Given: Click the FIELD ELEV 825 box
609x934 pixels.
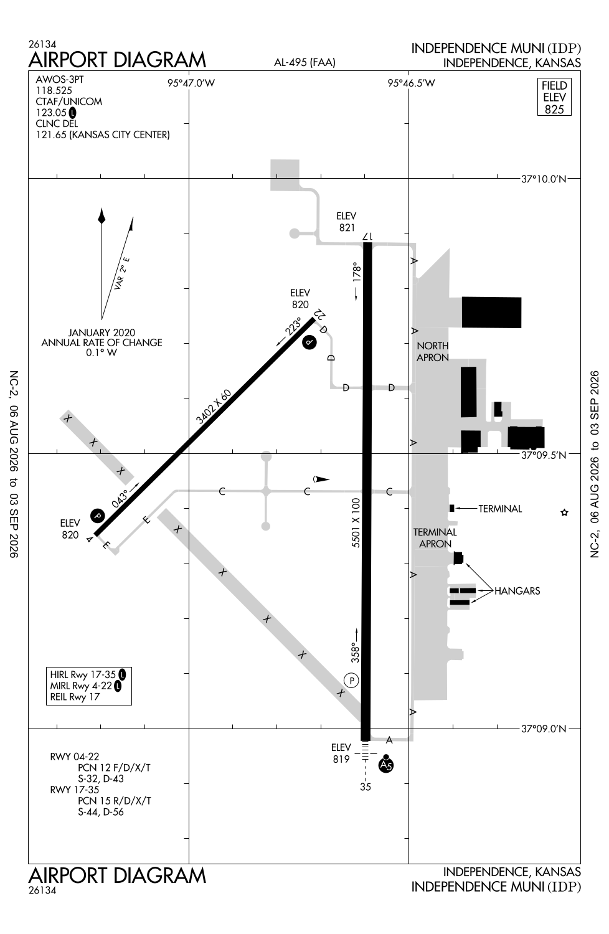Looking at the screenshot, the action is tap(554, 97).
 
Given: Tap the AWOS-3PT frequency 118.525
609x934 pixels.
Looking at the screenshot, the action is tap(54, 90).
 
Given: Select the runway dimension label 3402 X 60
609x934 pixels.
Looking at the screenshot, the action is tap(214, 407).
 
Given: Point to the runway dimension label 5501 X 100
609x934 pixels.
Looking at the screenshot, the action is tap(356, 522).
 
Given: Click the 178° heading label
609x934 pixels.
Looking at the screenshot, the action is tap(357, 272).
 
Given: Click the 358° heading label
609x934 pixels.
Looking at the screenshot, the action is tap(355, 653).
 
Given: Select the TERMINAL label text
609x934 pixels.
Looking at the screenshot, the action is tap(499, 509).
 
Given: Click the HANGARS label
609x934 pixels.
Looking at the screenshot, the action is tap(517, 591).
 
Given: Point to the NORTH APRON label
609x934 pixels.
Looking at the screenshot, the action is tap(433, 352).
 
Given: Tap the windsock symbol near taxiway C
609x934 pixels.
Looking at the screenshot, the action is tap(321, 479).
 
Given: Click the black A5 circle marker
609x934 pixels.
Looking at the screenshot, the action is tap(386, 765).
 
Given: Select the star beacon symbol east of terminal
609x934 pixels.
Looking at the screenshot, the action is tap(564, 512).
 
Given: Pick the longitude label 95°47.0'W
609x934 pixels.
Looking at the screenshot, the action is tap(191, 83).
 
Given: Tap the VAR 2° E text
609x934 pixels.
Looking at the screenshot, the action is tap(122, 273).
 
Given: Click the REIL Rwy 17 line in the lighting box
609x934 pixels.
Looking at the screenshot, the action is tap(75, 697).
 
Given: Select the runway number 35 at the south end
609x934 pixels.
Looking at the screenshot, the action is tap(366, 787).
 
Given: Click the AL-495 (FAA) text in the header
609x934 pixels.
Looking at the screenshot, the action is tap(304, 62).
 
